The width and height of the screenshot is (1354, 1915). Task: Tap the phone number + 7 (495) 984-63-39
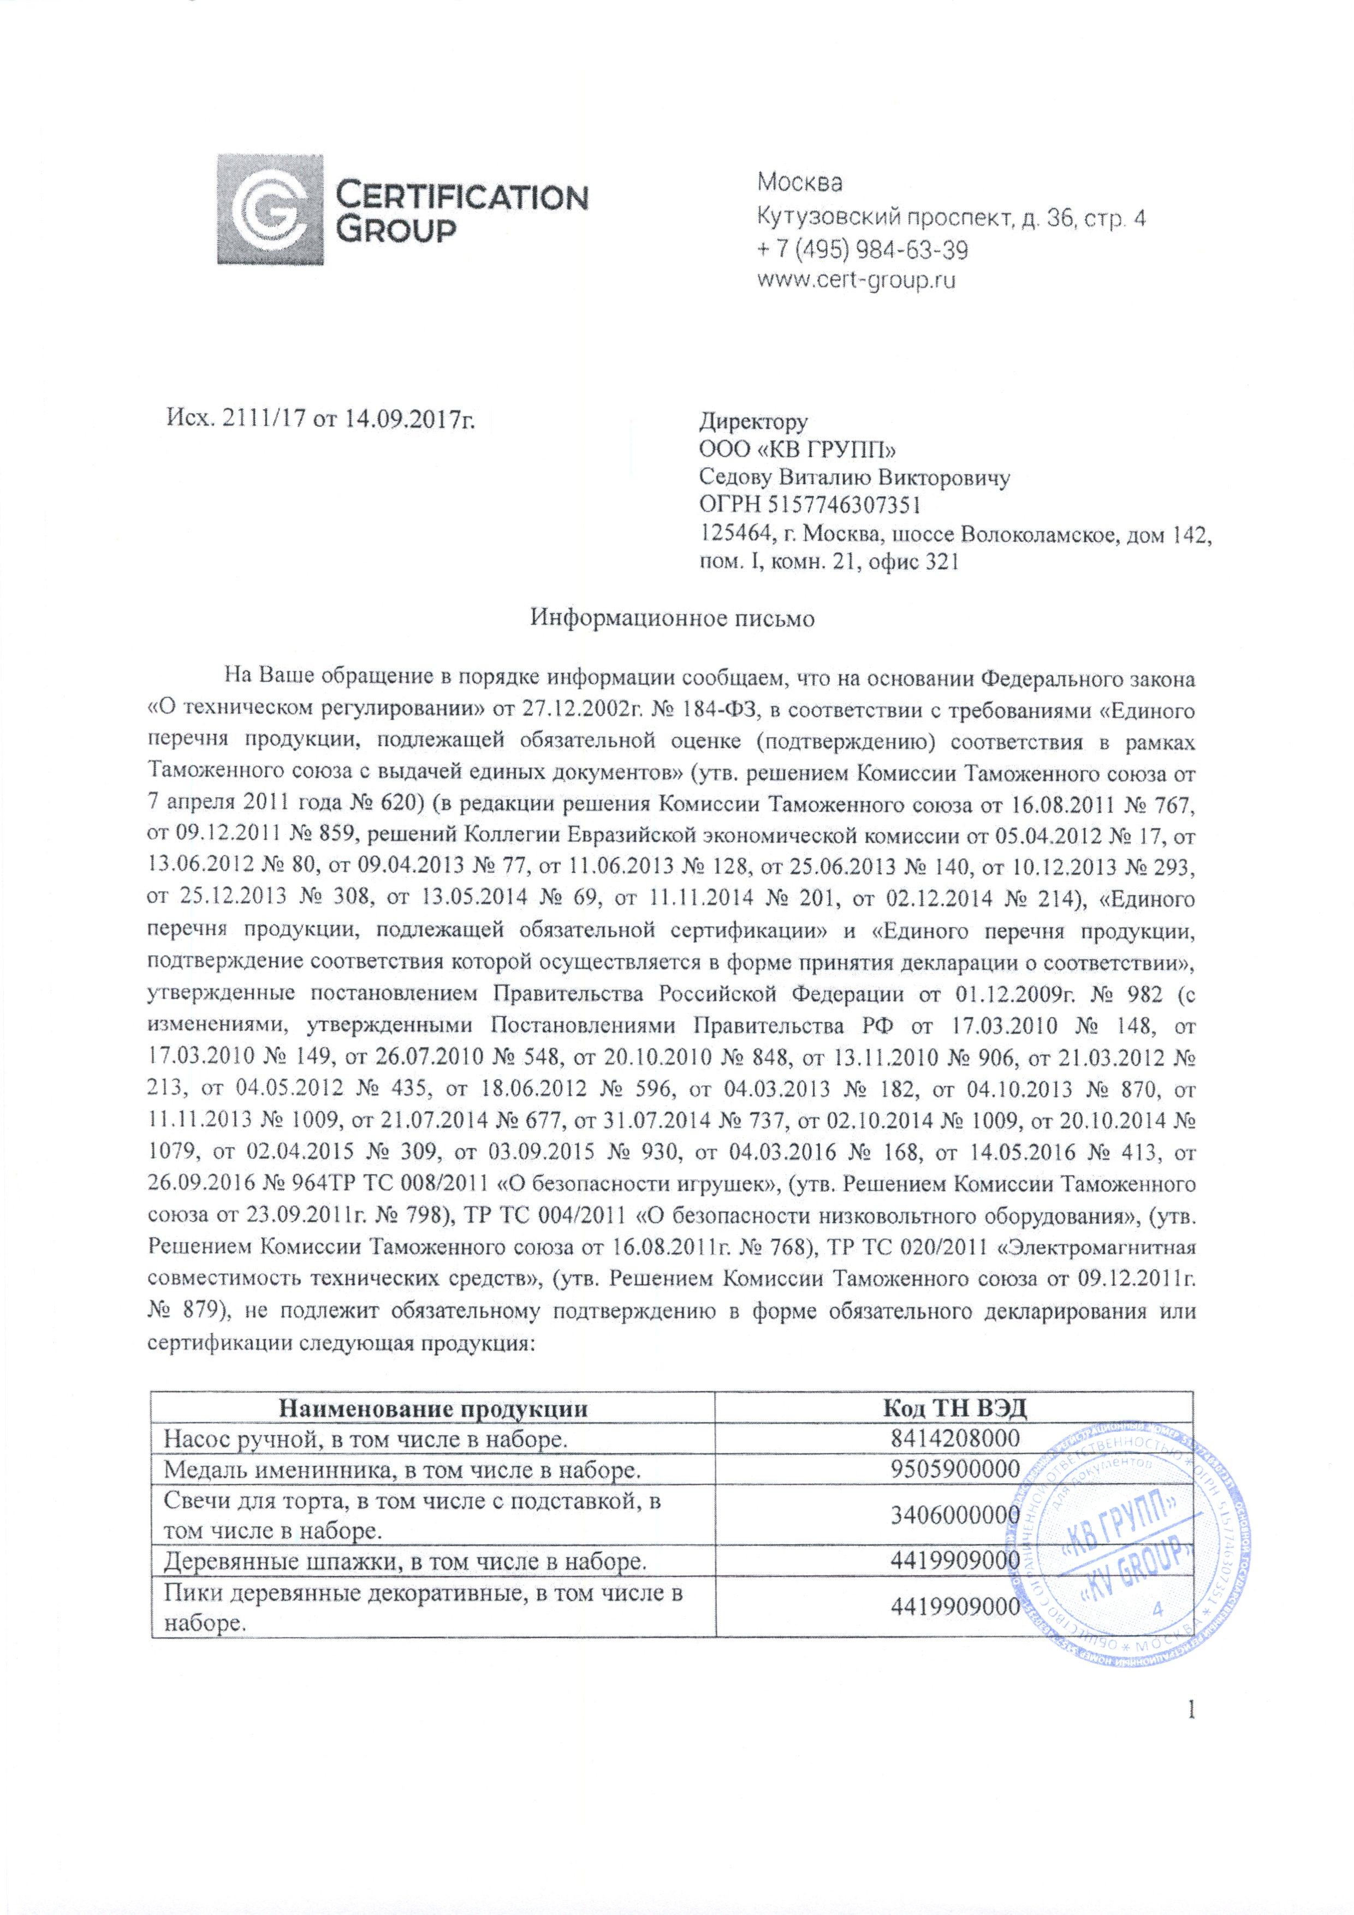(863, 249)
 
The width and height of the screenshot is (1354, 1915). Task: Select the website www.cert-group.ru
(855, 281)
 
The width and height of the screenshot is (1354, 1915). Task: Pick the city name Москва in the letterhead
(800, 182)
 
